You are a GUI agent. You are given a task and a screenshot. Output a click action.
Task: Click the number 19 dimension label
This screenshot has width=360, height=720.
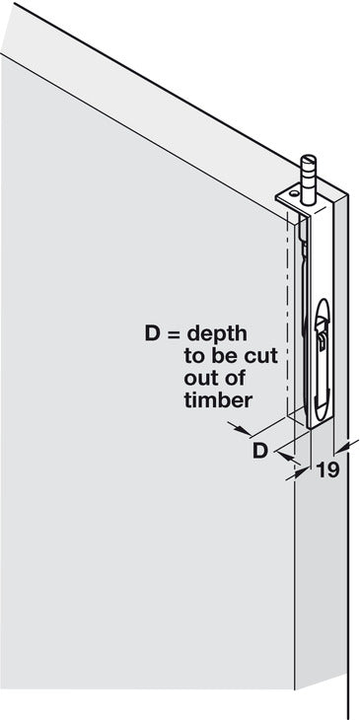(328, 471)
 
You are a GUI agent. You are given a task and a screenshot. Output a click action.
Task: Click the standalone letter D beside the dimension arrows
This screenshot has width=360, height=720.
(259, 451)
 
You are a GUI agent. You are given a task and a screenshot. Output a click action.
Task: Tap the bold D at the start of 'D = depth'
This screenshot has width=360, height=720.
(149, 334)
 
